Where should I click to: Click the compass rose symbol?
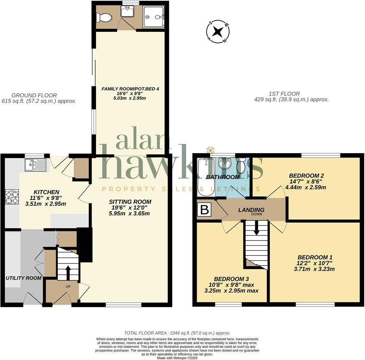pyautogui.click(x=218, y=32)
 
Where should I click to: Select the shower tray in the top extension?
pyautogui.click(x=153, y=17)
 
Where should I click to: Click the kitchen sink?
pyautogui.click(x=35, y=165)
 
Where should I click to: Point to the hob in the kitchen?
pyautogui.click(x=12, y=197)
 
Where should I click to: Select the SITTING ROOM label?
pyautogui.click(x=130, y=202)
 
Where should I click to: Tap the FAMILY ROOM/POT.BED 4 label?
pyautogui.click(x=130, y=88)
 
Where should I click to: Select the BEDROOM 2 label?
pyautogui.click(x=307, y=175)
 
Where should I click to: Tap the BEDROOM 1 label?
pyautogui.click(x=315, y=257)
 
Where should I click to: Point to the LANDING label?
pyautogui.click(x=251, y=210)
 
